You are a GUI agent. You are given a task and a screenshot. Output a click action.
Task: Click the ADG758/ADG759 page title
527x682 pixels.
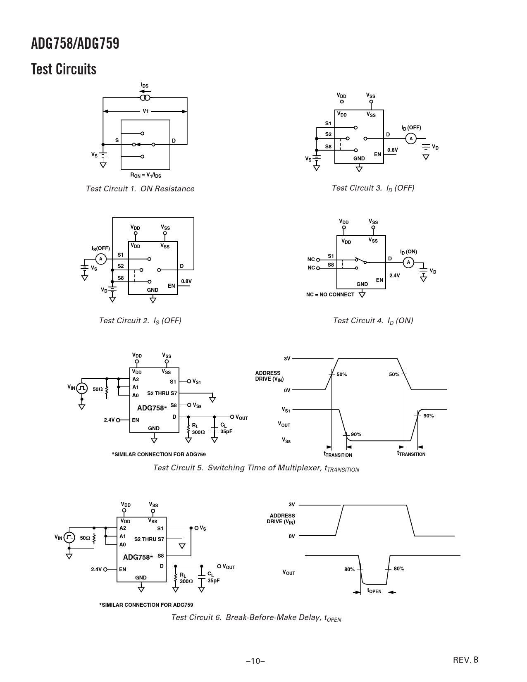click(75, 44)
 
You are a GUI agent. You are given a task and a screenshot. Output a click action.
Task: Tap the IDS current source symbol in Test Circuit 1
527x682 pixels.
click(145, 98)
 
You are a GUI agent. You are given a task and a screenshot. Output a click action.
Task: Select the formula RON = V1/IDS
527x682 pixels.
click(145, 175)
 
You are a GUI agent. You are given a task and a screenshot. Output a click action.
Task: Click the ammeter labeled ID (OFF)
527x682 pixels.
click(411, 138)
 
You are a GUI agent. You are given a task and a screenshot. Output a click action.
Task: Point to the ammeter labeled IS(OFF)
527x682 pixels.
click(101, 259)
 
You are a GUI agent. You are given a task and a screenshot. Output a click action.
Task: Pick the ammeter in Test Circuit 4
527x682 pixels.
click(408, 262)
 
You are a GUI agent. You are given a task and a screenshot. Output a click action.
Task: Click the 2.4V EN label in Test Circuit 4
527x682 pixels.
click(395, 276)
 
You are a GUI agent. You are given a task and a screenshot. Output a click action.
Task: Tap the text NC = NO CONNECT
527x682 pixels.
click(330, 294)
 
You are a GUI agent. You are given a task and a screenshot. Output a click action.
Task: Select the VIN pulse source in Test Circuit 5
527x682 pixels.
click(81, 389)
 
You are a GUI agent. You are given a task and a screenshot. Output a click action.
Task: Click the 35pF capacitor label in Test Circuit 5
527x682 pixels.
click(226, 432)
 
